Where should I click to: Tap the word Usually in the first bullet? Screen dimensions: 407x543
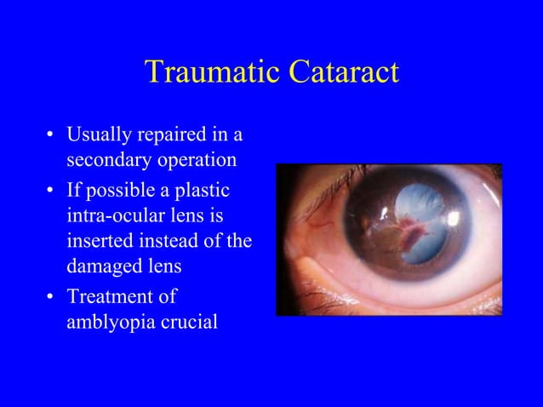pos(96,135)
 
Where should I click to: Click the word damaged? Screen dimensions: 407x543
pos(100,268)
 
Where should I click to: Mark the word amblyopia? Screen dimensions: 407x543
pos(108,324)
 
